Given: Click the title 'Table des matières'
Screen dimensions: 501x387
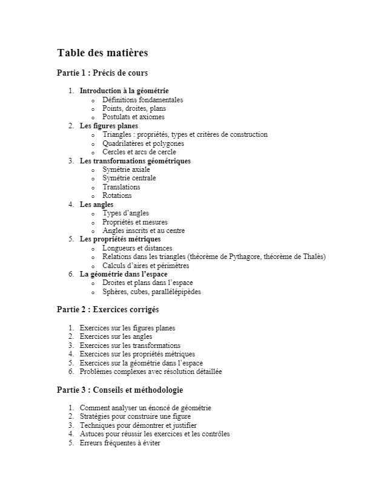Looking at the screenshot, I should point(102,53).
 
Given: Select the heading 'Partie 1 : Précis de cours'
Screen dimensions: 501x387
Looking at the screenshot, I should point(102,73).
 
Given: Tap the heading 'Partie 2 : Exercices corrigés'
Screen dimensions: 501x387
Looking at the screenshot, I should point(108,310).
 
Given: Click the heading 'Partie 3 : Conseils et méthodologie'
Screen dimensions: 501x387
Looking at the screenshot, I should point(120,390).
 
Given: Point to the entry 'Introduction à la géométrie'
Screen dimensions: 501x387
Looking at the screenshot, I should point(124,91).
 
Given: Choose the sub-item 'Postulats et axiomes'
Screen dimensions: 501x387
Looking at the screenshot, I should point(133,117).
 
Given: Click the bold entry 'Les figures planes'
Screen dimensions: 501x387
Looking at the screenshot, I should point(109,126).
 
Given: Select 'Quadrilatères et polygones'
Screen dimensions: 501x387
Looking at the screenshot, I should point(143,143).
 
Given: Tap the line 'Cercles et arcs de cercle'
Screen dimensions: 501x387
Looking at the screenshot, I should point(139,152).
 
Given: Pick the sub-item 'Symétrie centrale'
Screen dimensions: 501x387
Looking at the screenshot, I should point(129,178).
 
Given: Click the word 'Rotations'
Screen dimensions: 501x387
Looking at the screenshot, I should point(117,195).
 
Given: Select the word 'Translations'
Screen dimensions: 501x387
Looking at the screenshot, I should point(121,187).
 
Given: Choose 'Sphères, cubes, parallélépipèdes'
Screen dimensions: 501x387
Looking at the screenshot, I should point(151,292).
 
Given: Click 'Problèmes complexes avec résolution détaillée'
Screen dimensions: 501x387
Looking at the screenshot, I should point(151,372).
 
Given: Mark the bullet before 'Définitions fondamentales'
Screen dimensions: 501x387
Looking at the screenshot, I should point(93,100).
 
